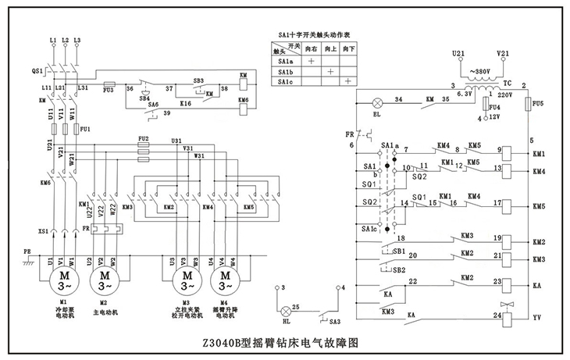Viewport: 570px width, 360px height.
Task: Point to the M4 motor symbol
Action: pyautogui.click(x=226, y=278)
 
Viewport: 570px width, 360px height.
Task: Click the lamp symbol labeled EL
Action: pyautogui.click(x=377, y=102)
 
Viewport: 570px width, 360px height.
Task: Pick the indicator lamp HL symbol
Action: pyautogui.click(x=283, y=309)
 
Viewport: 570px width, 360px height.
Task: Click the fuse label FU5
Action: pyautogui.click(x=537, y=102)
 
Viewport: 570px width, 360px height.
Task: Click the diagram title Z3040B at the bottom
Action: pyautogui.click(x=285, y=342)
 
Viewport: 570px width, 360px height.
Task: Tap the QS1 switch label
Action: pyautogui.click(x=37, y=70)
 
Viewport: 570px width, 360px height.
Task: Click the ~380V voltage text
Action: pyautogui.click(x=479, y=70)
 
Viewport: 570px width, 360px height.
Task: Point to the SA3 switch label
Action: pyautogui.click(x=334, y=322)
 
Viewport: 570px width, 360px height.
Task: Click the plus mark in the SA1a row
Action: pyautogui.click(x=311, y=60)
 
